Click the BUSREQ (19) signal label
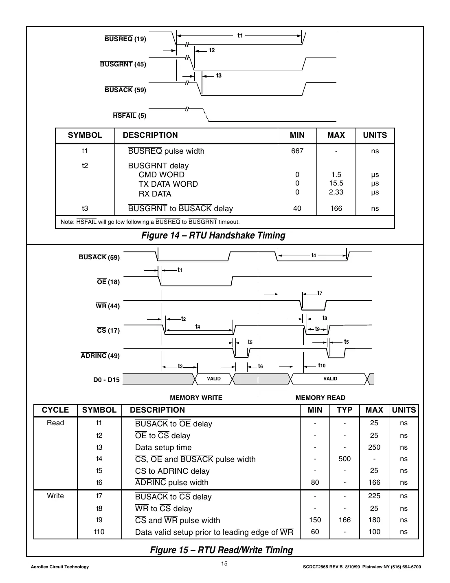(x=125, y=39)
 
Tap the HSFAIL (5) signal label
(x=129, y=116)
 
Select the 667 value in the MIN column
(x=297, y=151)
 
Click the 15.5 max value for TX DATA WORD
(x=336, y=183)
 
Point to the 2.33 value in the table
(x=336, y=192)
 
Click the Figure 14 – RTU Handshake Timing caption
(x=213, y=236)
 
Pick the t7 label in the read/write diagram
(x=320, y=293)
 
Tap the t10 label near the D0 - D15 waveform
(x=321, y=366)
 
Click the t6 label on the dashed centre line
(x=261, y=367)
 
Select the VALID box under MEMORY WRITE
(x=213, y=379)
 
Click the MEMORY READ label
(x=320, y=398)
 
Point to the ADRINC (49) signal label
(x=100, y=356)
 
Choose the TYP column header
(x=345, y=410)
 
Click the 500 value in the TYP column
(x=345, y=459)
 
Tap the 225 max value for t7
(x=374, y=496)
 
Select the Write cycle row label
(x=55, y=496)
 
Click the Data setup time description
(x=163, y=448)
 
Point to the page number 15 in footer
(x=224, y=564)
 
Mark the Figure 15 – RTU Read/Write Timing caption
(x=222, y=550)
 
